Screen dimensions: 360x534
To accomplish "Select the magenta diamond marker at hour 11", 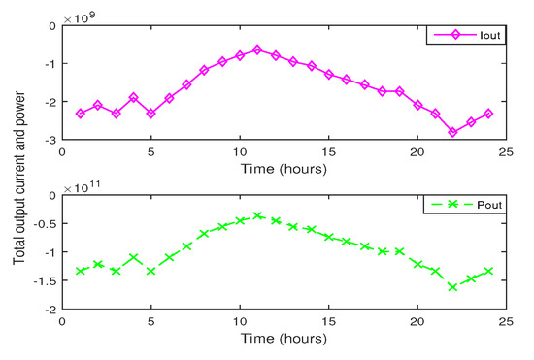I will [257, 49].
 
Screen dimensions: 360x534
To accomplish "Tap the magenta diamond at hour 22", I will [452, 132].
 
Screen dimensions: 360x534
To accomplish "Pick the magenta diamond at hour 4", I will [133, 98].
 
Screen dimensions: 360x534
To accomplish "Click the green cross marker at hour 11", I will [257, 215].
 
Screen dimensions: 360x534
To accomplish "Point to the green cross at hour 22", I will [452, 287].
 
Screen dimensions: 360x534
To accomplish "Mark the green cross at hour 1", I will [80, 271].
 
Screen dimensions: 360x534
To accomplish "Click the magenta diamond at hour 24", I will [488, 114].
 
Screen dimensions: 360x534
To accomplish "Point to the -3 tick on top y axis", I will [50, 141].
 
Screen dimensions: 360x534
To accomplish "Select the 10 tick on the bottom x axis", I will [240, 322].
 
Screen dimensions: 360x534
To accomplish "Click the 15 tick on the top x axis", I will [328, 152].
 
